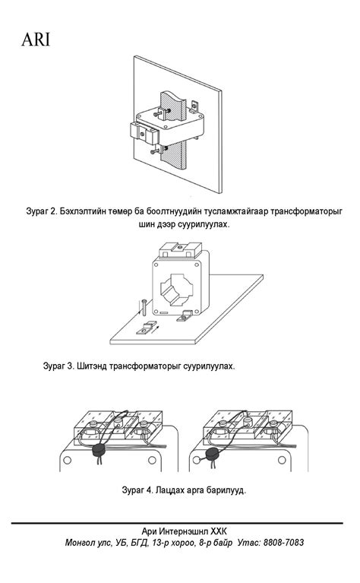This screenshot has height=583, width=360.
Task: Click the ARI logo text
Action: coord(35,40)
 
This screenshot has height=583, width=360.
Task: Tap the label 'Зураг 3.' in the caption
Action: coord(58,366)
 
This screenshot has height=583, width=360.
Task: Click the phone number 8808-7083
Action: coord(283,543)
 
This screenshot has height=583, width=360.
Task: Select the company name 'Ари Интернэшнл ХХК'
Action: coord(184,531)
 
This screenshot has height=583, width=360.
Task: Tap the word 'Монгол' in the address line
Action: coord(84,543)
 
